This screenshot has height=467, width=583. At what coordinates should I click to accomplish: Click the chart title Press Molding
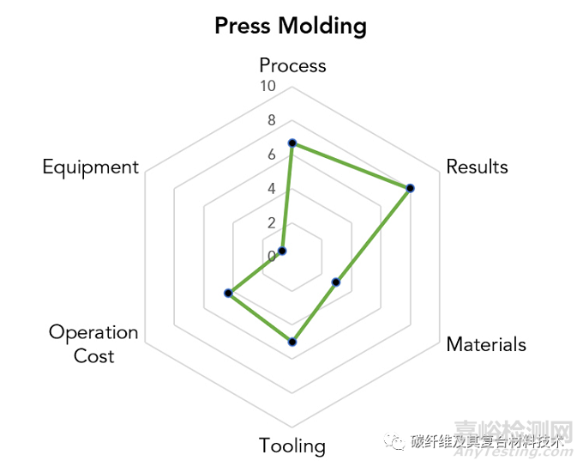[x=291, y=26]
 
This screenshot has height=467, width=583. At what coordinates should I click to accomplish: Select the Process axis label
[x=292, y=65]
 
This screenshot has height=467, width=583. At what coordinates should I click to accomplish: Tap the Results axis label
[x=477, y=167]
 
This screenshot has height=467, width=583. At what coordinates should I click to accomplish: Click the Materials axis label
[x=486, y=344]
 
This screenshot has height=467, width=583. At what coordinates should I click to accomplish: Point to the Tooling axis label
[x=292, y=446]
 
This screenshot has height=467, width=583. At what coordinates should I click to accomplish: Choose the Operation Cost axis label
[x=93, y=343]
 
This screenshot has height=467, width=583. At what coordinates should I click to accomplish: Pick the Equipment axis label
[x=90, y=167]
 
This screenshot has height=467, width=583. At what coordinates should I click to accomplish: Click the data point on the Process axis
[x=292, y=143]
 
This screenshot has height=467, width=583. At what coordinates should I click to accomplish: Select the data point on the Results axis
[x=410, y=188]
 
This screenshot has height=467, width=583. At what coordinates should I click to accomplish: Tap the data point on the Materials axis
[x=336, y=282]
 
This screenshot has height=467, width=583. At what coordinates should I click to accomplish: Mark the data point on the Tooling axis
[x=292, y=342]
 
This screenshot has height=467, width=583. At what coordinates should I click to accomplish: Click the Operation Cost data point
[x=228, y=294]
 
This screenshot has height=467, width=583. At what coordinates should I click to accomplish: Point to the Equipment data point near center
[x=283, y=251]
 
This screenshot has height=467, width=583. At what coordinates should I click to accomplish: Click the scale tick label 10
[x=267, y=87]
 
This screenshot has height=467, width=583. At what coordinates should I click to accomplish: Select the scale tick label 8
[x=272, y=120]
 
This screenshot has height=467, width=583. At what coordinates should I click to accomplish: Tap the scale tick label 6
[x=272, y=155]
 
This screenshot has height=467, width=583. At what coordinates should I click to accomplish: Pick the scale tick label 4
[x=272, y=188]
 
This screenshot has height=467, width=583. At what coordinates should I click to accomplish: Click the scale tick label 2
[x=272, y=222]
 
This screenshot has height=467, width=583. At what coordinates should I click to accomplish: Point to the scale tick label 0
[x=272, y=256]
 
